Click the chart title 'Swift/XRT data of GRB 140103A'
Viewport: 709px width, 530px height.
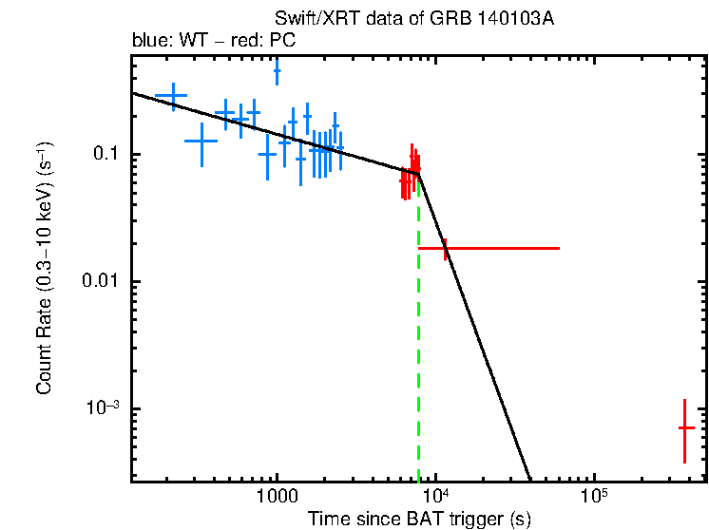click(x=413, y=20)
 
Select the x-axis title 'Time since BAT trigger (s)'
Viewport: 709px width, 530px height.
click(x=419, y=519)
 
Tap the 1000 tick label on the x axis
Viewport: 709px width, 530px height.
click(x=277, y=495)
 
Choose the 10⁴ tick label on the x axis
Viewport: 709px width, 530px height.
click(x=435, y=495)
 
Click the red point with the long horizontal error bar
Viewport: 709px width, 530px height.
click(x=445, y=248)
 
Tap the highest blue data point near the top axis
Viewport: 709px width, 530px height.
click(x=277, y=69)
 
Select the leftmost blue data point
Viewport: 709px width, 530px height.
click(x=172, y=95)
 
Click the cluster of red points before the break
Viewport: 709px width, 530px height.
click(x=410, y=173)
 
